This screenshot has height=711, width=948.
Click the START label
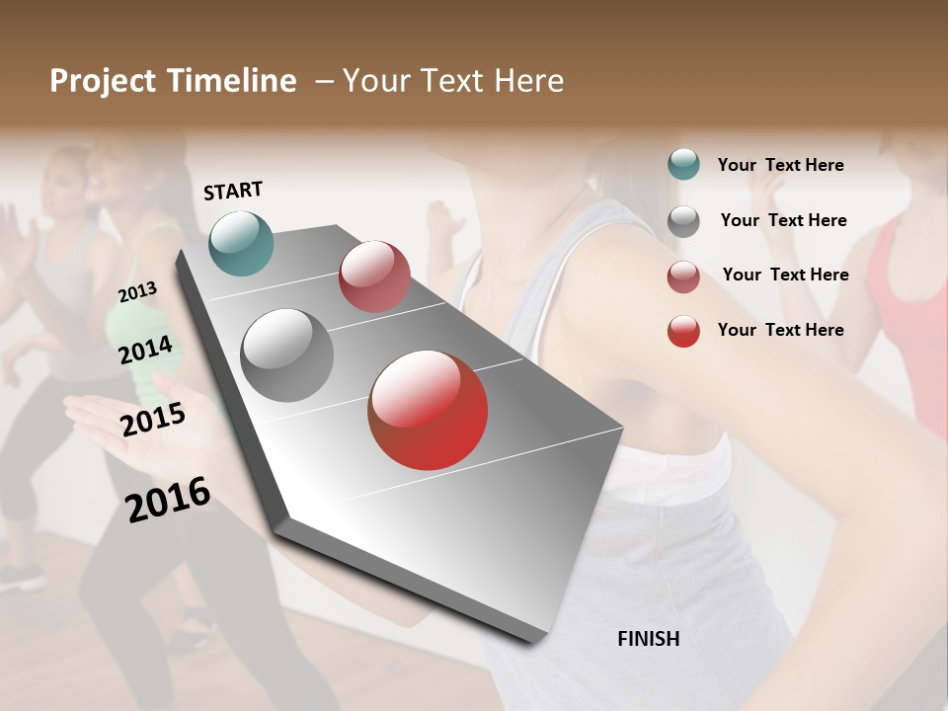pos(233,191)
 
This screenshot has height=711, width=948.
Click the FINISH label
pos(648,639)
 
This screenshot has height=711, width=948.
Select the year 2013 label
pos(137,291)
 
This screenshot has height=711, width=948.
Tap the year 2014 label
pos(145,351)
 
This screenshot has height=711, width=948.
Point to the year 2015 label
pos(152,420)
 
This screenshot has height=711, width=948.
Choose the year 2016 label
pos(168,500)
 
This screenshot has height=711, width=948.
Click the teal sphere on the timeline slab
pos(241,243)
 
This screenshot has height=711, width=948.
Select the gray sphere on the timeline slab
pos(287,355)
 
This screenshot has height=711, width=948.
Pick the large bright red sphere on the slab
pos(428,410)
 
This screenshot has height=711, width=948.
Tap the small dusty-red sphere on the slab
pos(374,276)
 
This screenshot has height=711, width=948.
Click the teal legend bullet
pos(683,164)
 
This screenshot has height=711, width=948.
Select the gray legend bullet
pos(683,221)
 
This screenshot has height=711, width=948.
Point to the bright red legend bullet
pos(683,331)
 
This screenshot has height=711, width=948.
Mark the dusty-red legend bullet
pos(683,276)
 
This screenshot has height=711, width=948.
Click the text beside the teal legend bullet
pos(780,165)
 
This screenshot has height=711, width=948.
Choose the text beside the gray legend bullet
pos(783,220)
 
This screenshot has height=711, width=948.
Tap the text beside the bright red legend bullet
pos(780,330)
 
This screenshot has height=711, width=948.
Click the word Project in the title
pos(104,81)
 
